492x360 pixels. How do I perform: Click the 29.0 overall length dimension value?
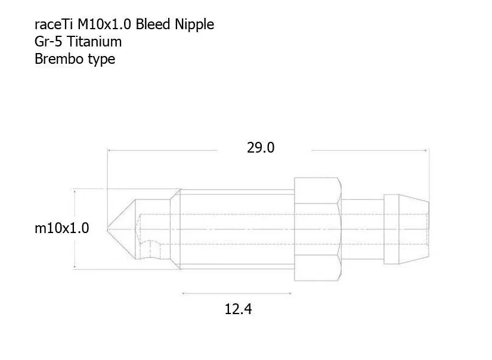[261, 148]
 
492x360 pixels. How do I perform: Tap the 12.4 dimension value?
[238, 309]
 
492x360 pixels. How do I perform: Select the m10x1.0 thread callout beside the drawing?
[62, 228]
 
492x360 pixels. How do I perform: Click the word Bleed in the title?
[153, 24]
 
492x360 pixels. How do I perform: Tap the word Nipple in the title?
[194, 25]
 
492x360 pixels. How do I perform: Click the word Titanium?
[94, 42]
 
